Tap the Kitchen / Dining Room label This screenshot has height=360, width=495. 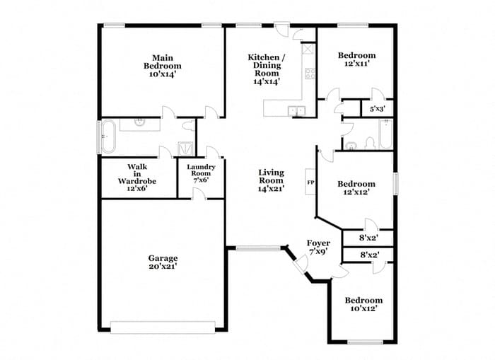(267, 69)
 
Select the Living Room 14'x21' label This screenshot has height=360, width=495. (271, 181)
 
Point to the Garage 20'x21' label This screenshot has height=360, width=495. (163, 262)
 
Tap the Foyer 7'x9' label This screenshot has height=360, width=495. (318, 248)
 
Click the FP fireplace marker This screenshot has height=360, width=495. (310, 182)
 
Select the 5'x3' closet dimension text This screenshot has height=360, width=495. (377, 110)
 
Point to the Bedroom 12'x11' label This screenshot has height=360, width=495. (356, 60)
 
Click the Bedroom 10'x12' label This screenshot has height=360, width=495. (363, 304)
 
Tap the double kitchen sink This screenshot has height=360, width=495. (296, 110)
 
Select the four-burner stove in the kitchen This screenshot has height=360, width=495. (309, 72)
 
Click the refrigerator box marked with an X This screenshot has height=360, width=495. (308, 50)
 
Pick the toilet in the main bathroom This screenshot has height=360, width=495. (189, 127)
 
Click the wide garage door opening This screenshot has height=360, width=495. (163, 327)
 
